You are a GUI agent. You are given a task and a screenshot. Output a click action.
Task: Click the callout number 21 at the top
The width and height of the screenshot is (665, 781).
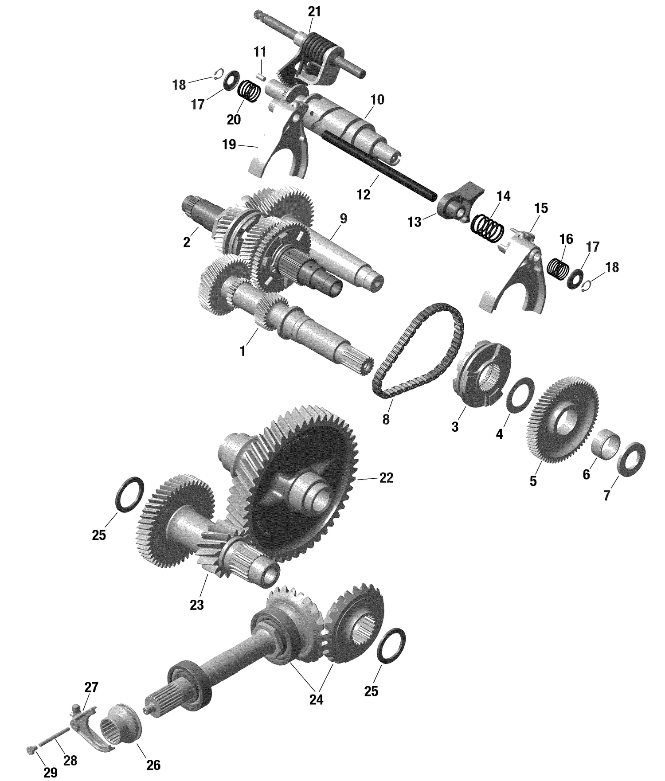[x=314, y=12]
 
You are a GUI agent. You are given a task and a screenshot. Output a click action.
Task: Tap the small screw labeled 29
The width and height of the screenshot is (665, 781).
[x=632, y=459]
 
